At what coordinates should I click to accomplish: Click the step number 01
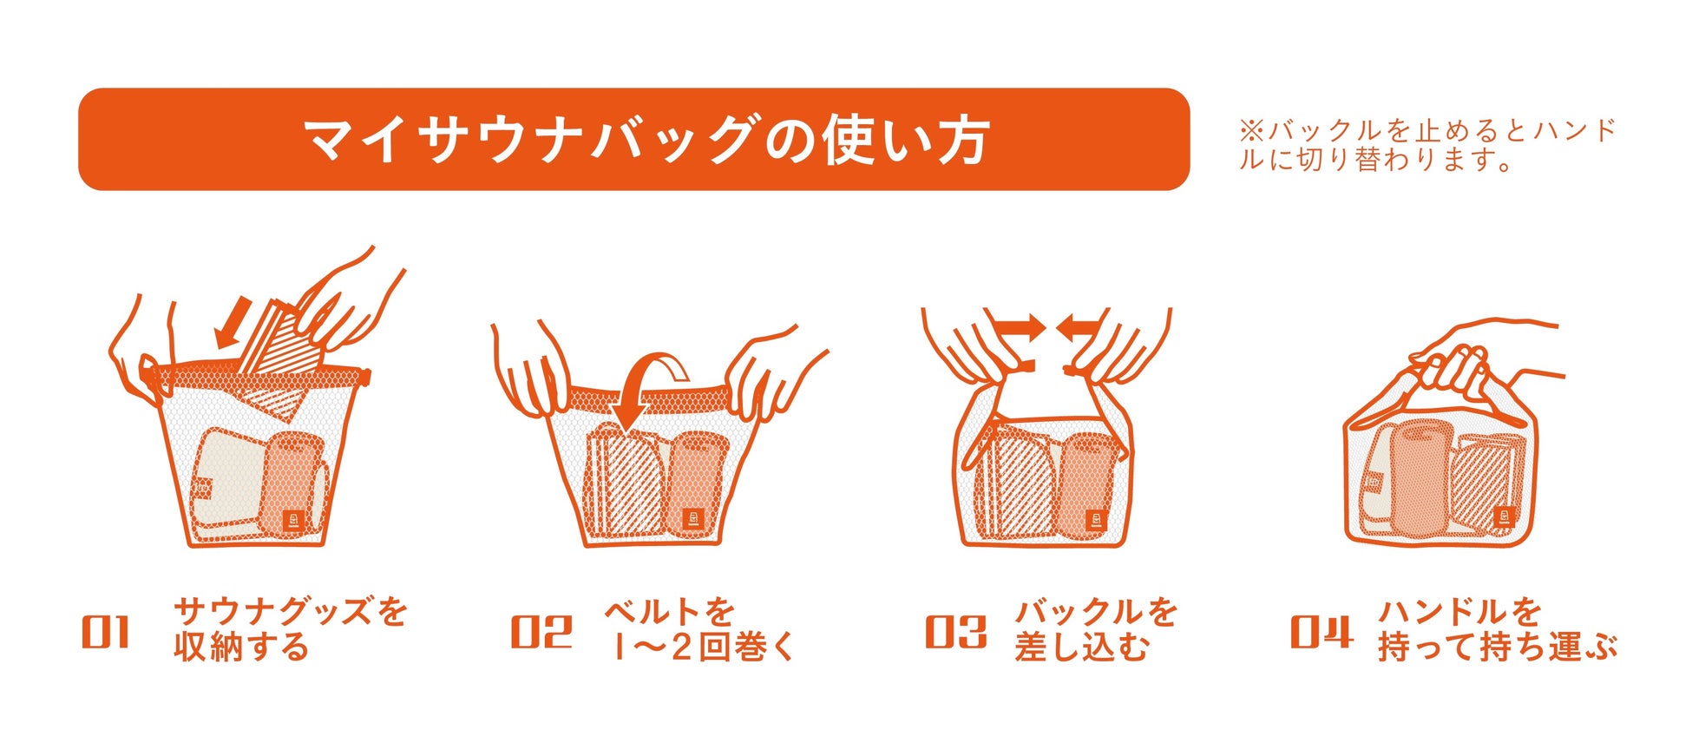point(105,632)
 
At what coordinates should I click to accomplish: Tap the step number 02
point(541,632)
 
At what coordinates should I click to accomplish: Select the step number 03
point(955,632)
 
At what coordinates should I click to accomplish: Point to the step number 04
point(1321,632)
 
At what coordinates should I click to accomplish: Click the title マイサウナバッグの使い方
point(646,140)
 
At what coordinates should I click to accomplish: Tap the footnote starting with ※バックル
point(1427,145)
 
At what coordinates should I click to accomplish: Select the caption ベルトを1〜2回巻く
point(699,629)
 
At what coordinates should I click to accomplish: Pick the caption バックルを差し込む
point(1096,629)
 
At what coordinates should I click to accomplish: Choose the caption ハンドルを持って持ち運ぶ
point(1498,629)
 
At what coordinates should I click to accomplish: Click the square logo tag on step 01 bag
point(293,520)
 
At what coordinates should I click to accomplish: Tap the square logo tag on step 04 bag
point(1503,518)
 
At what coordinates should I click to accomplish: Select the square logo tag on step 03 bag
point(1097,520)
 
